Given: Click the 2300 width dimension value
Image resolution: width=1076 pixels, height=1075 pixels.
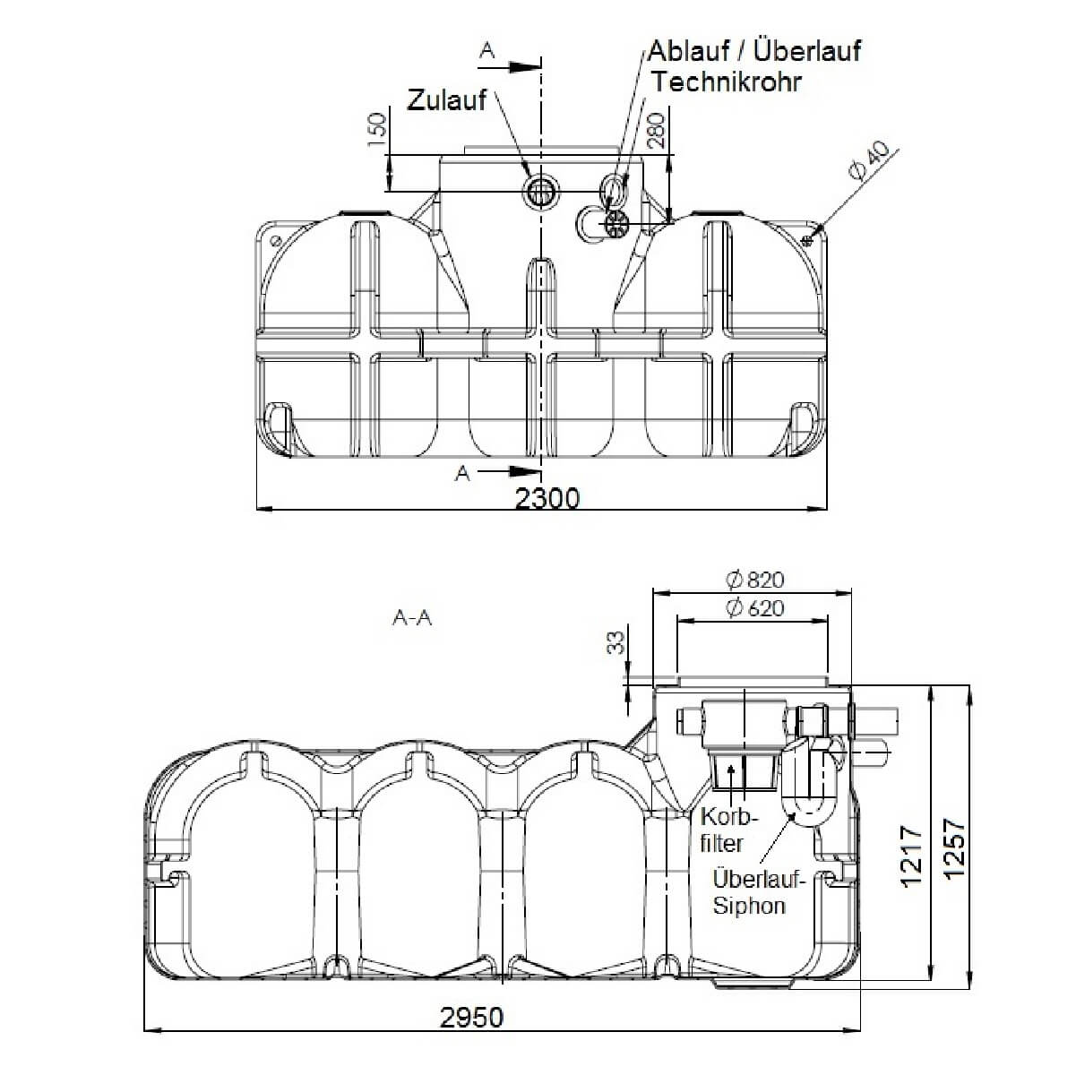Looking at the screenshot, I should point(547,498).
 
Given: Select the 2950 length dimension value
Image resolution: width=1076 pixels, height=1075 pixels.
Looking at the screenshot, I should point(471,1018).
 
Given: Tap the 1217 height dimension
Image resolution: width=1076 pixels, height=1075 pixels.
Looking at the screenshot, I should point(911,856).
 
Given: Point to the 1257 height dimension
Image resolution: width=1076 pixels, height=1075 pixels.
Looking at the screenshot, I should point(954,847).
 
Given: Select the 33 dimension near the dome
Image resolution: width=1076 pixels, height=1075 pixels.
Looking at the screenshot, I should point(616,644).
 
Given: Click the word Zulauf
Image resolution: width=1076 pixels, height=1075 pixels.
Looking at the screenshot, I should point(446,99).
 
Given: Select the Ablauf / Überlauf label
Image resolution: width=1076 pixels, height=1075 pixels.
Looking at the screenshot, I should point(754,50).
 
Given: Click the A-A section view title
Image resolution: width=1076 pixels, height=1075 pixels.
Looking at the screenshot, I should point(412,618).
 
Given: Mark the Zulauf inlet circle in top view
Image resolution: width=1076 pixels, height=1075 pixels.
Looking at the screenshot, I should point(541,190).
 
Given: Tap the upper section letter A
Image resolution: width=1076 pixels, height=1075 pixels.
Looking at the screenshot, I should point(486,51).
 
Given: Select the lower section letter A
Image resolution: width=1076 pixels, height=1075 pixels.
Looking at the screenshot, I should point(462,474).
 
